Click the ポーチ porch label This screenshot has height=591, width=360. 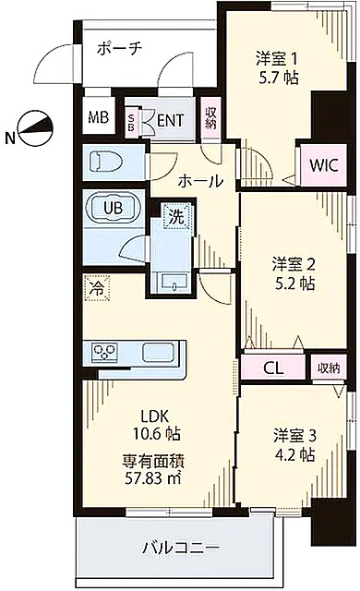point(118,49)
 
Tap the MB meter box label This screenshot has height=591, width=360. point(98,118)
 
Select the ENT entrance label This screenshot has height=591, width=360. point(171,119)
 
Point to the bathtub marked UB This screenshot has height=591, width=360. point(114,207)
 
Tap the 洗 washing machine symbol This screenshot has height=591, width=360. point(174,217)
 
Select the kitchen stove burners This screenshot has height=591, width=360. point(105,352)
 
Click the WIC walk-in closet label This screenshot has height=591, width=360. point(323,166)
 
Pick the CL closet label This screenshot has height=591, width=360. point(273,368)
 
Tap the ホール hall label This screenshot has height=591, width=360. point(200,181)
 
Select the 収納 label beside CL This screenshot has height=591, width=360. point(329,368)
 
